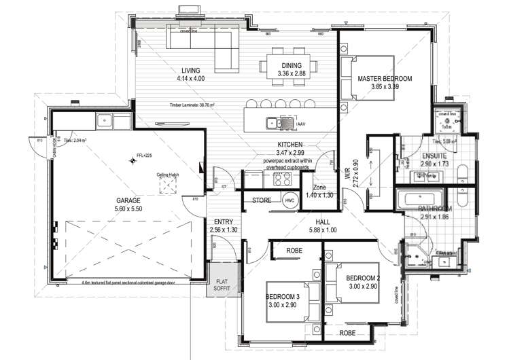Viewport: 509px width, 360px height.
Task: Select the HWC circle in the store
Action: point(289,200)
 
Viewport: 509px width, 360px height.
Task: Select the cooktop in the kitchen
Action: point(281,179)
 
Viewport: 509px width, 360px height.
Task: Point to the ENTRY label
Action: point(224,222)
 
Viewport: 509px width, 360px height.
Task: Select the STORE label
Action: point(262,200)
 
